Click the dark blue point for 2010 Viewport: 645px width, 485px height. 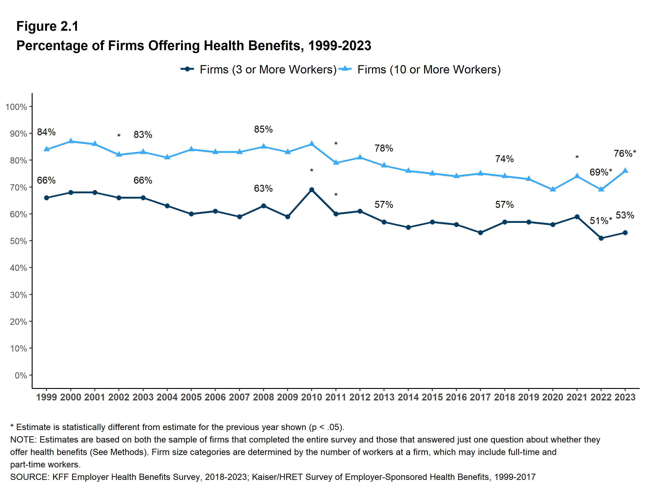pos(311,190)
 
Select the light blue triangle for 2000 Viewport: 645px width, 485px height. pos(71,141)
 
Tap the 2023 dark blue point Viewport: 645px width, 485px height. pos(625,233)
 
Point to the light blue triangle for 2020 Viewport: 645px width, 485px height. pos(553,189)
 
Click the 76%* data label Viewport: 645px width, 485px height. pos(625,154)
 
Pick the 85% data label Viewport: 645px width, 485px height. pos(263,129)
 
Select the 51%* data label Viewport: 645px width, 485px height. pos(601,221)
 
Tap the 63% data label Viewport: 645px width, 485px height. pos(263,188)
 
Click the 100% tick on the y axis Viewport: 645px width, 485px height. pos(16,107)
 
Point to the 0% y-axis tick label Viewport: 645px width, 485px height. pos(21,376)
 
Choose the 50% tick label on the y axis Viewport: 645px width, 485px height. pos(18,241)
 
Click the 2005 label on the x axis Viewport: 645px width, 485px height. pos(191,397)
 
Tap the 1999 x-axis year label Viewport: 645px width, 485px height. pos(46,397)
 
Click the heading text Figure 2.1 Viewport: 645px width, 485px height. pos(47,26)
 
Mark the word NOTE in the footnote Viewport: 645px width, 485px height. pos(23,440)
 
